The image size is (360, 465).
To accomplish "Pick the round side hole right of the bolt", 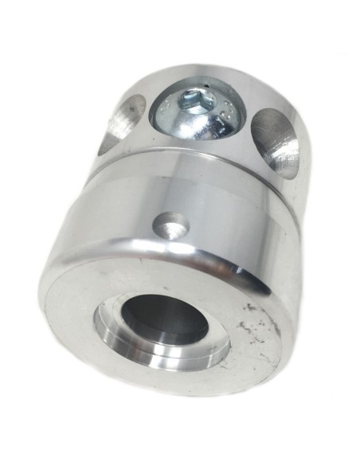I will click(x=275, y=139).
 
